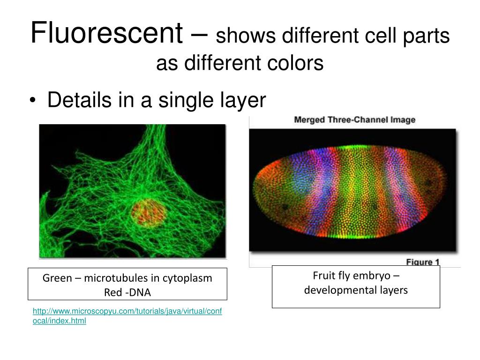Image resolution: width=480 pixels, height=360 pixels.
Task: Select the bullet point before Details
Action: click(33, 101)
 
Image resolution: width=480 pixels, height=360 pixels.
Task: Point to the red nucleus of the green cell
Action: click(149, 213)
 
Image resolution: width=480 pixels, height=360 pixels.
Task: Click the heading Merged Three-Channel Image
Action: click(354, 120)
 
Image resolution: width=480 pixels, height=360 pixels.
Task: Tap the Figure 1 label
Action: click(422, 262)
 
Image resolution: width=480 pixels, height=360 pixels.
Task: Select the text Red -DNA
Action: click(127, 292)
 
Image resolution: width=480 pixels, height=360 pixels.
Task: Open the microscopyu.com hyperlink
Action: click(127, 316)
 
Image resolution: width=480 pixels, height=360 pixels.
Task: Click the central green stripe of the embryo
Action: click(355, 191)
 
